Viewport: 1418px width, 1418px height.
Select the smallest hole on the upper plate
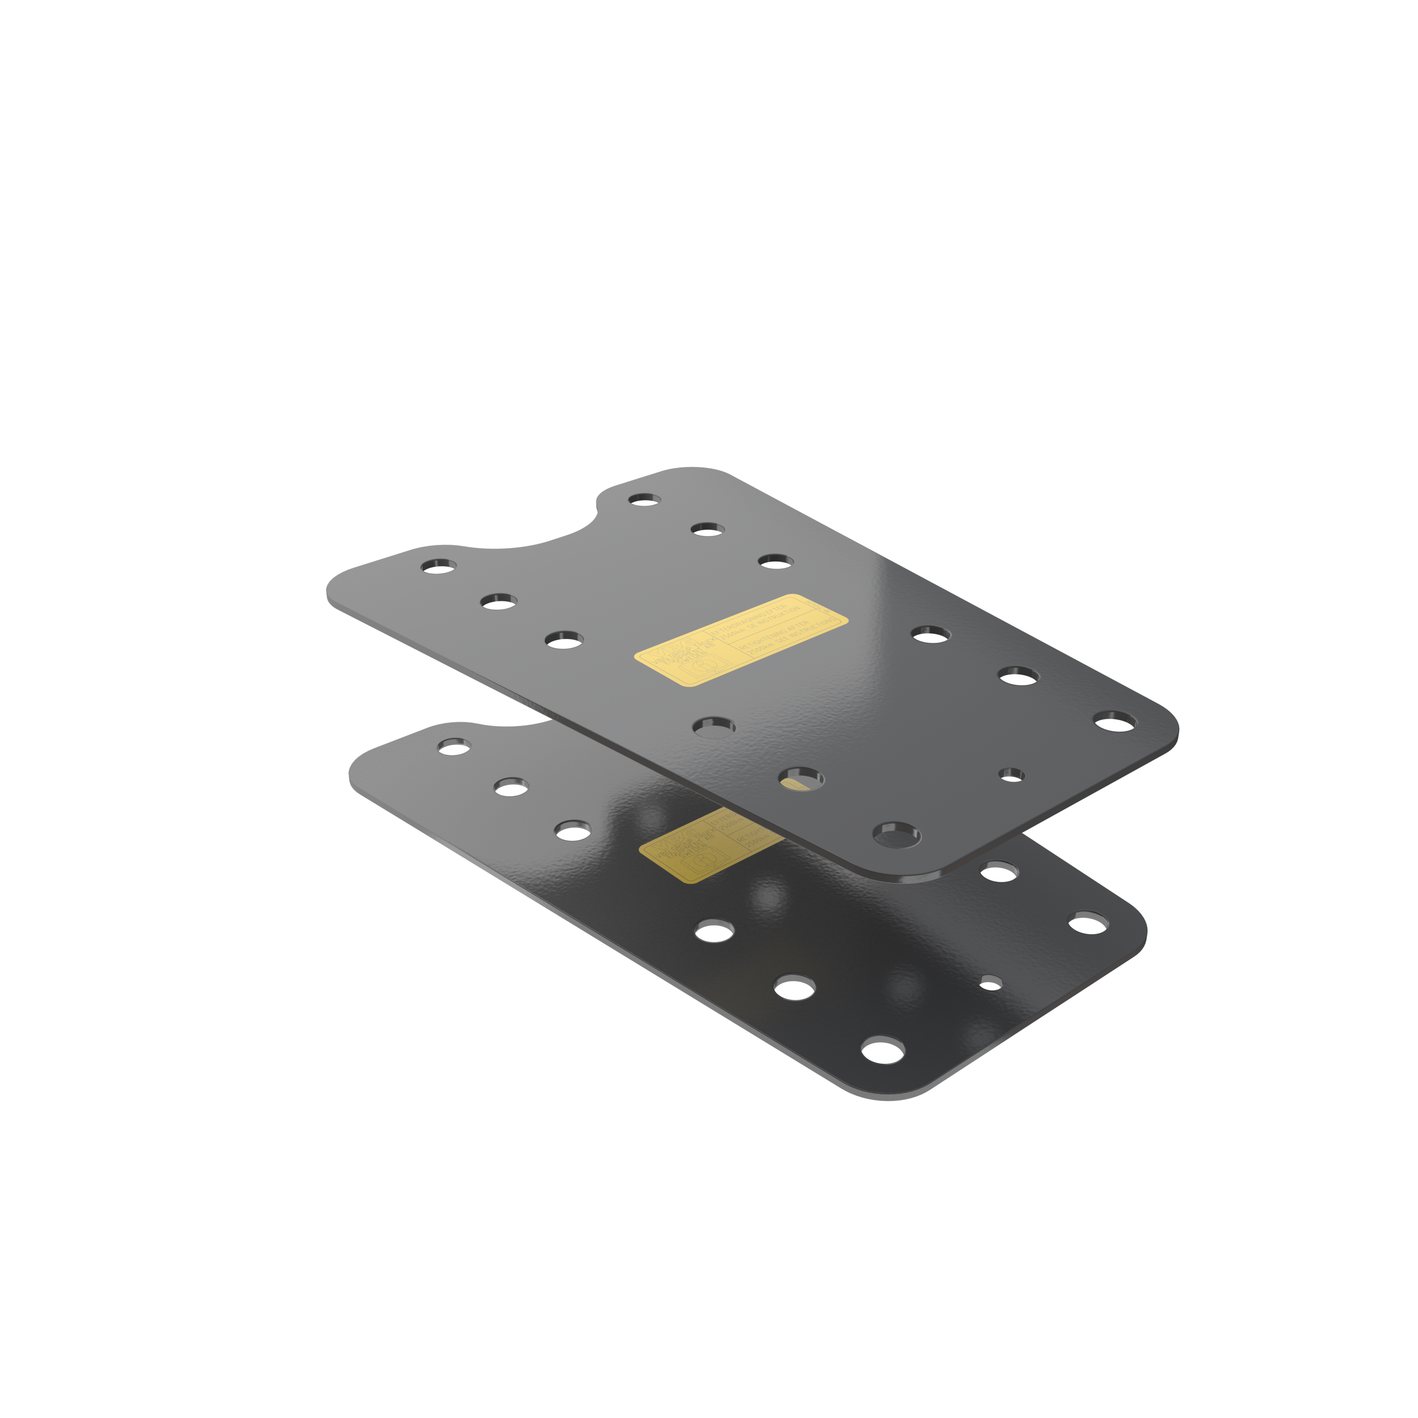pyautogui.click(x=1012, y=774)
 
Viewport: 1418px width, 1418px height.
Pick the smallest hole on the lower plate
pyautogui.click(x=990, y=982)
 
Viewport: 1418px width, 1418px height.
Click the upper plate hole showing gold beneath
pyautogui.click(x=801, y=779)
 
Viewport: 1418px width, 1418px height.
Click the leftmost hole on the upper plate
pyautogui.click(x=438, y=566)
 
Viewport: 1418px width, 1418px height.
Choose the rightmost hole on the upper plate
pyautogui.click(x=1114, y=721)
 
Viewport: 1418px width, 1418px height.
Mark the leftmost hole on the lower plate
pyautogui.click(x=454, y=746)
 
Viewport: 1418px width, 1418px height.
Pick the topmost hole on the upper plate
pyautogui.click(x=644, y=499)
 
